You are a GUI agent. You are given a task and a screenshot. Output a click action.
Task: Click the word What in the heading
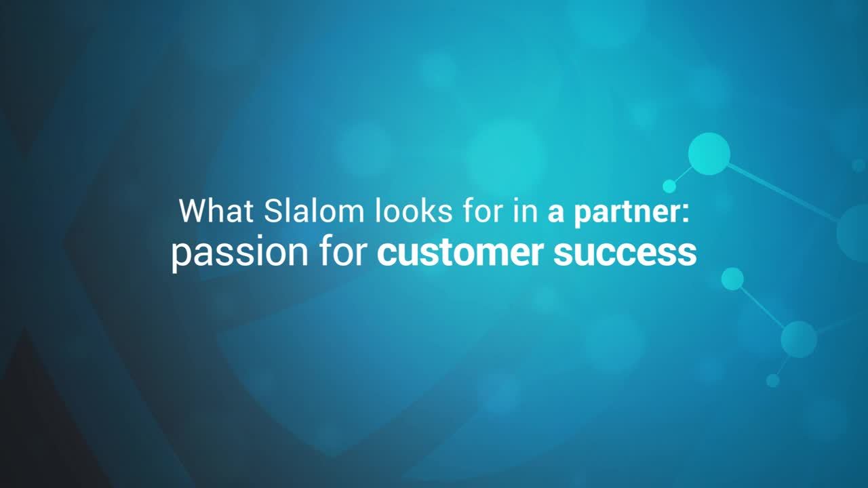[216, 211]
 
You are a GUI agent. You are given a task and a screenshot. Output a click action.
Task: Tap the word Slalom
[314, 211]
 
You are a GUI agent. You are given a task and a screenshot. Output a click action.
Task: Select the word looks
[414, 211]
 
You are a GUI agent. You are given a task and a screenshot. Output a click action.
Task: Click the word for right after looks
[483, 211]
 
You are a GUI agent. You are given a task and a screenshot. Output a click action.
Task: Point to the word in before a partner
[526, 211]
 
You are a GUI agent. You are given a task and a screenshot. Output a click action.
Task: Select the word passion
[240, 253]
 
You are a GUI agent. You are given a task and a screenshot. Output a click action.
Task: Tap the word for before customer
[344, 251]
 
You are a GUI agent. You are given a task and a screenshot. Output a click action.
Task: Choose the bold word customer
[460, 252]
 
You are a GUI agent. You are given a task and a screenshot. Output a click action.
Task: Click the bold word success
[625, 253]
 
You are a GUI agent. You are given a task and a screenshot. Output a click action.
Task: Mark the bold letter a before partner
[555, 215]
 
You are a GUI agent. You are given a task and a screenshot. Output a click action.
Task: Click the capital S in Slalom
[275, 211]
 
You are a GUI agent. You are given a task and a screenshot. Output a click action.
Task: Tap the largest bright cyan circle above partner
[709, 154]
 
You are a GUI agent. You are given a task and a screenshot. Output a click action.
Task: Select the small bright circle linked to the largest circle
[669, 186]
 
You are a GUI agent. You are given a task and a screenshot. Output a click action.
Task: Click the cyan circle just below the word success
[732, 279]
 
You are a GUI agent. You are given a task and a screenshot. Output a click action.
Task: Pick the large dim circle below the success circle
[799, 340]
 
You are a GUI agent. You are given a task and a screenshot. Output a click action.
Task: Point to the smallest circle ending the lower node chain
[772, 380]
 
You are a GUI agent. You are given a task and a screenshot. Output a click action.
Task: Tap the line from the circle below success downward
[763, 307]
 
